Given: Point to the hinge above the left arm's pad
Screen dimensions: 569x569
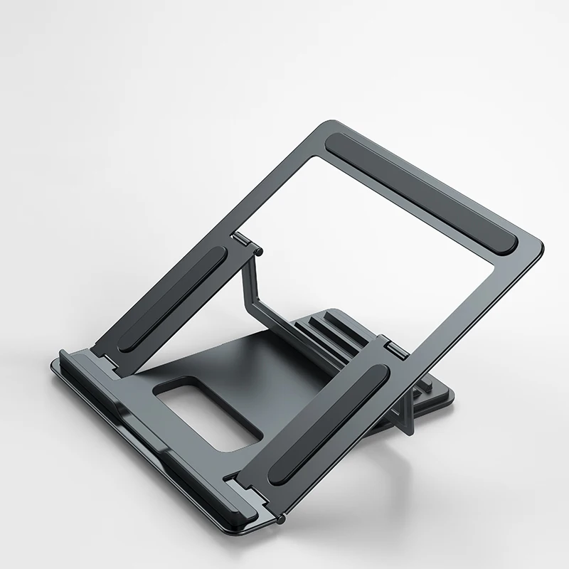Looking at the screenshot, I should point(243,243).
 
